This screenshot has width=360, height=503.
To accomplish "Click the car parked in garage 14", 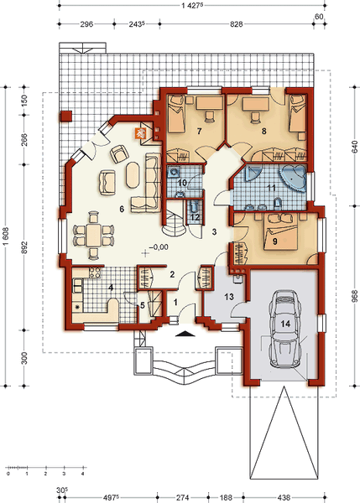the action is [x=285, y=329].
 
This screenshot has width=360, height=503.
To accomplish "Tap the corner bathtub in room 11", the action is [x=293, y=178].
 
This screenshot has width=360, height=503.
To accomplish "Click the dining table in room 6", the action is [x=93, y=236].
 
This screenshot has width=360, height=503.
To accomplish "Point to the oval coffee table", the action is [x=133, y=175].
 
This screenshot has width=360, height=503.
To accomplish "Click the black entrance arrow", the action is [x=185, y=334].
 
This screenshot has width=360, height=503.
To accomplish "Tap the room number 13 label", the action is [x=229, y=297].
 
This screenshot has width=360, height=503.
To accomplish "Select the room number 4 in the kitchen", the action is [x=111, y=288].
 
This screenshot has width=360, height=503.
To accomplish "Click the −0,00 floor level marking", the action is [x=159, y=247].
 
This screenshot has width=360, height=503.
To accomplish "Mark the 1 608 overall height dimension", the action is [x=7, y=236].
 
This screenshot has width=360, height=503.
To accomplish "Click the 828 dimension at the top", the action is [x=236, y=24].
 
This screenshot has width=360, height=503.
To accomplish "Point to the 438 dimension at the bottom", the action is [x=284, y=497].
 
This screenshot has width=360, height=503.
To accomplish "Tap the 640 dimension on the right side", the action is [x=355, y=147].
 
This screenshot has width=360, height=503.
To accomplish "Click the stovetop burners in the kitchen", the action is [x=95, y=272].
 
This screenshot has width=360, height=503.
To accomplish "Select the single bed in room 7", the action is [x=176, y=113].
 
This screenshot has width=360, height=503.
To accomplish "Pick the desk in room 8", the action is [x=256, y=104].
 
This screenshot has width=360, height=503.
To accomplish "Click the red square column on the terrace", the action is [x=66, y=117].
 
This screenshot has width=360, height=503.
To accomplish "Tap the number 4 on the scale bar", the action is [x=83, y=474].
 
